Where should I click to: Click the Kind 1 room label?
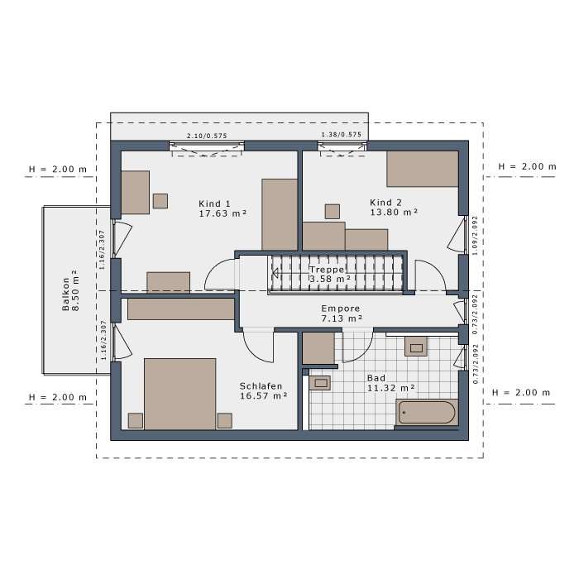215,203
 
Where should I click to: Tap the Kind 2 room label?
386,203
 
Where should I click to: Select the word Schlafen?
261,386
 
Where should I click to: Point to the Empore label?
342,308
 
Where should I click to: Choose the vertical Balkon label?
65,291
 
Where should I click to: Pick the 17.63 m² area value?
223,213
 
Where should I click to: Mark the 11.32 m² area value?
390,387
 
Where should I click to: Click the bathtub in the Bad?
426,412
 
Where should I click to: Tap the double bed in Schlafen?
179,393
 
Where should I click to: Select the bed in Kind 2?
422,169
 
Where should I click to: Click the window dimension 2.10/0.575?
206,135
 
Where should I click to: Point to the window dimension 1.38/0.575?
341,135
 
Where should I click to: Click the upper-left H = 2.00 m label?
58,170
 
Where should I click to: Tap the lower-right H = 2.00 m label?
520,392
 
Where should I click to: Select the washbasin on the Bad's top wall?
415,347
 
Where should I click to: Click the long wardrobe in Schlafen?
181,309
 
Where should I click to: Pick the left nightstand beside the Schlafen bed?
136,420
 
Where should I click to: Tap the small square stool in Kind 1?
160,200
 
